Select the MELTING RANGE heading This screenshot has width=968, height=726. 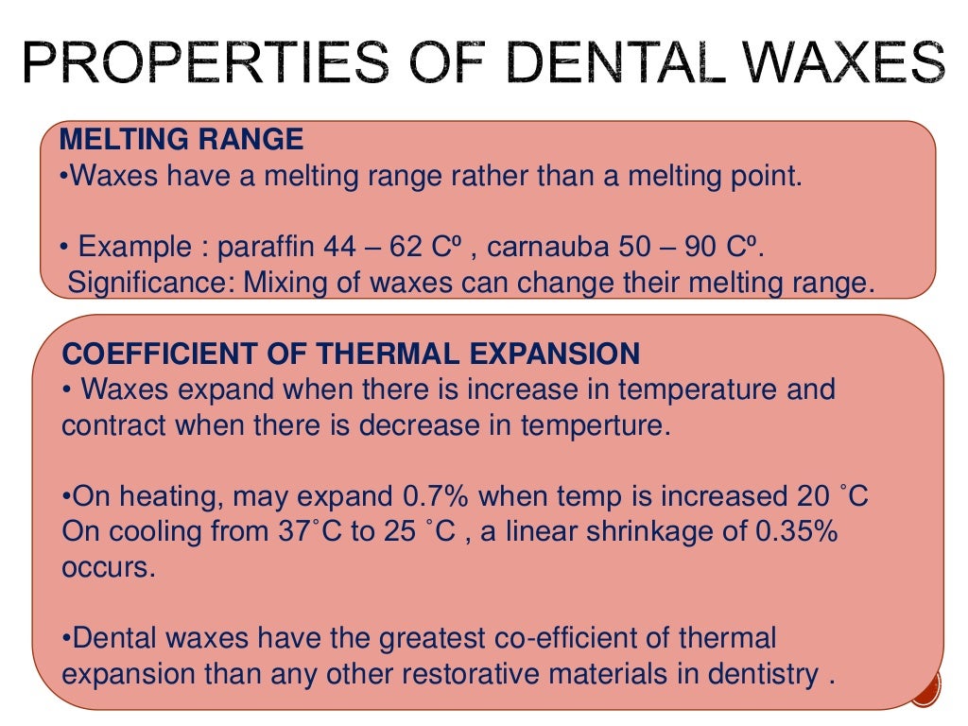181,141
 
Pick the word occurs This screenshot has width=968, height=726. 106,568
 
